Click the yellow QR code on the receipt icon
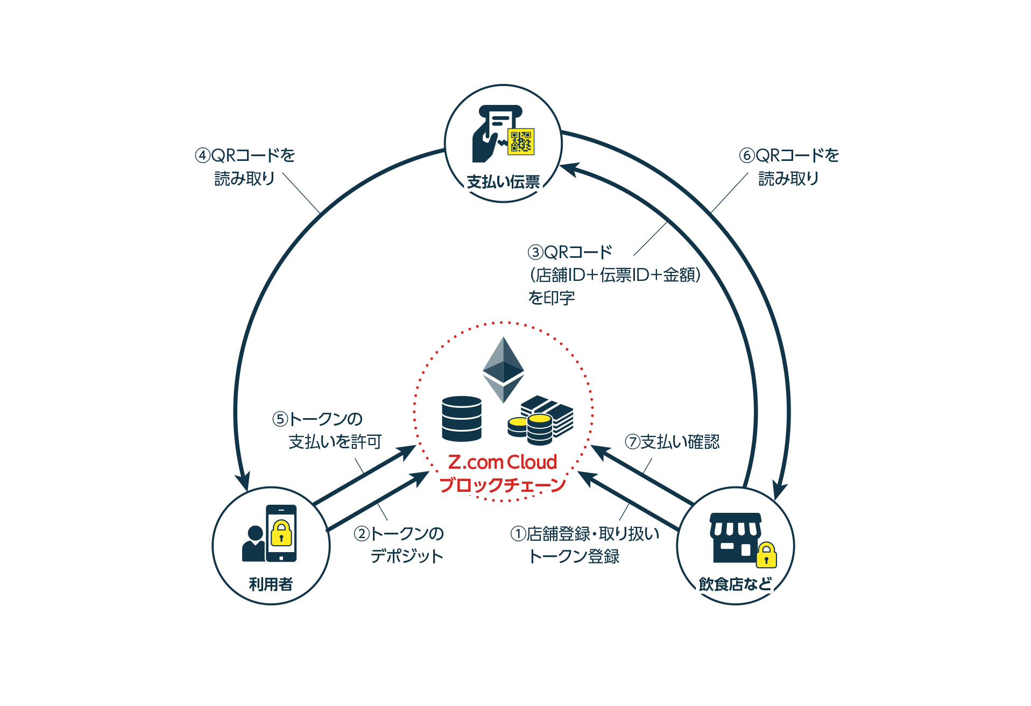(x=521, y=142)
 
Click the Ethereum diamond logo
(x=503, y=369)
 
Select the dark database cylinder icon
(x=461, y=419)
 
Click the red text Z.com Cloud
(x=503, y=462)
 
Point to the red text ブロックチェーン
(x=503, y=485)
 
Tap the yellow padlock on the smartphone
(x=281, y=533)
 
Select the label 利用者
(x=271, y=584)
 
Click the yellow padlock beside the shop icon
(x=766, y=555)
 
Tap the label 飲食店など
(x=735, y=584)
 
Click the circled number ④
(x=202, y=156)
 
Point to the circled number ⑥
(x=746, y=156)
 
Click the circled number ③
(x=535, y=252)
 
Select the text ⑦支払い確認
(x=672, y=442)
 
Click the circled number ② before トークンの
(x=362, y=534)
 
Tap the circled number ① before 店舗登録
(x=518, y=534)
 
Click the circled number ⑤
(x=280, y=419)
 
